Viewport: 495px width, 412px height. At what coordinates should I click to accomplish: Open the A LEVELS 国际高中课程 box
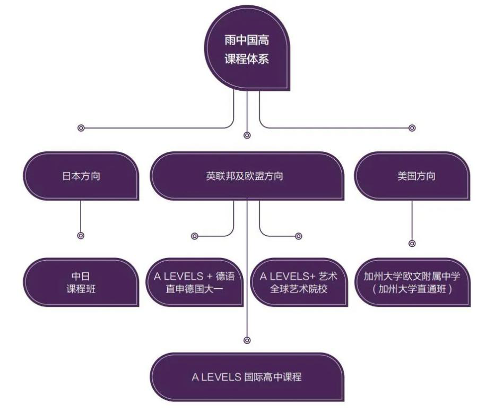[246, 377]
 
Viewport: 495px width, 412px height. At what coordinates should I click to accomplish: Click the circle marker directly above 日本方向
[81, 128]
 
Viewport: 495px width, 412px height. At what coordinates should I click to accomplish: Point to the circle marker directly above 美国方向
[412, 128]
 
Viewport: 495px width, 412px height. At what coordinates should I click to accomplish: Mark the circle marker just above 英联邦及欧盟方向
[247, 135]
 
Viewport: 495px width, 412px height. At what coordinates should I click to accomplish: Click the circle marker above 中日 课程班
[81, 235]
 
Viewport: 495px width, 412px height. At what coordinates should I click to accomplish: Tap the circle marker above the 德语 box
[194, 235]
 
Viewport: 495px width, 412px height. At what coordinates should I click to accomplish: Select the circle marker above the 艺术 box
[298, 235]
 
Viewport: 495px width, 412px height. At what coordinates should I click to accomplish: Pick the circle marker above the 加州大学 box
[412, 243]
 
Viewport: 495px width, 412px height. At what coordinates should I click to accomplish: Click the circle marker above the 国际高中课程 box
[247, 340]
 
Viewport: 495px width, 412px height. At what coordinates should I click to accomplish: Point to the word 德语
[225, 277]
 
